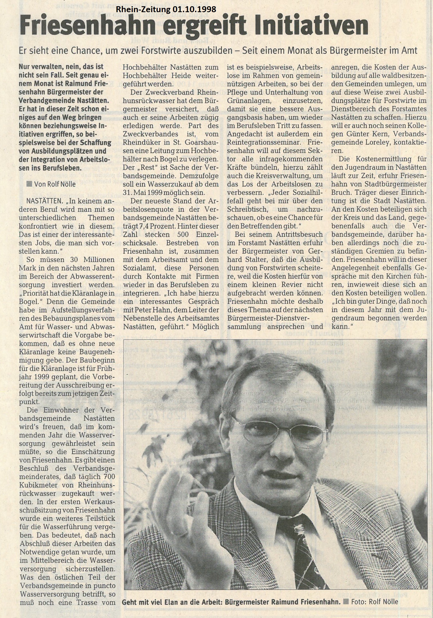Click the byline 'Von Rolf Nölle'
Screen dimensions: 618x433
click(x=55, y=184)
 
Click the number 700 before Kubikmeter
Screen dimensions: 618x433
click(x=109, y=477)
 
